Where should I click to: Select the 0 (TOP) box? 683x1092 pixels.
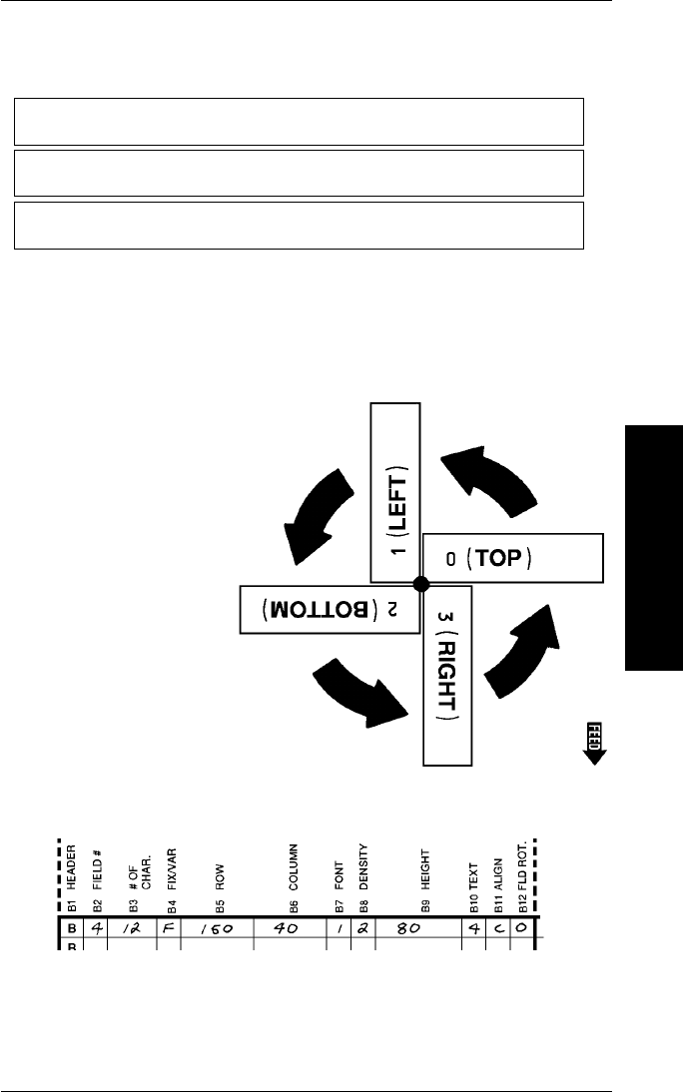pyautogui.click(x=512, y=557)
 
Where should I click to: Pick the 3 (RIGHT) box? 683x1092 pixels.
pyautogui.click(x=445, y=674)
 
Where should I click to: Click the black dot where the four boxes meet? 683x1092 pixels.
pyautogui.click(x=420, y=583)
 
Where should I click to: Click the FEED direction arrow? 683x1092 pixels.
pyautogui.click(x=595, y=741)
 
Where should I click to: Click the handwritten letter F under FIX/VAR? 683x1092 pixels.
pyautogui.click(x=168, y=928)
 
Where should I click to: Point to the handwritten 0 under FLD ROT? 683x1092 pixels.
pyautogui.click(x=522, y=928)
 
